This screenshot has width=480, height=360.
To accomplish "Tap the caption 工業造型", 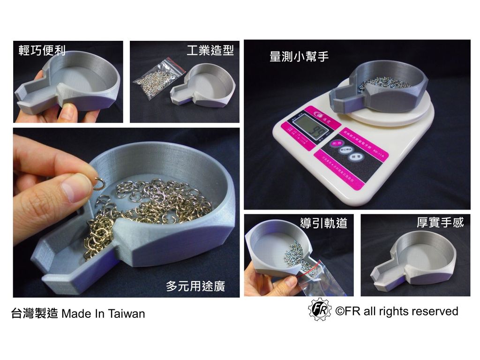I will (x=210, y=51).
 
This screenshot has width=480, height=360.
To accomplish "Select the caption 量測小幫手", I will (x=299, y=57).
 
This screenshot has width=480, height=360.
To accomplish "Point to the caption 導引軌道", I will (x=324, y=223).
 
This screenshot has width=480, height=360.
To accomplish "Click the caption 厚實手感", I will (x=440, y=222).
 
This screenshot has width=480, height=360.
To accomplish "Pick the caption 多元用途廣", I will (x=195, y=286).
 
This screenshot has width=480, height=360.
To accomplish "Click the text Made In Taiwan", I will (x=103, y=314).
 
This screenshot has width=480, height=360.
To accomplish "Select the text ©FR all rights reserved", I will (x=397, y=311).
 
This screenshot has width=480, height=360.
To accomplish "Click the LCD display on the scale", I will (x=306, y=127).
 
